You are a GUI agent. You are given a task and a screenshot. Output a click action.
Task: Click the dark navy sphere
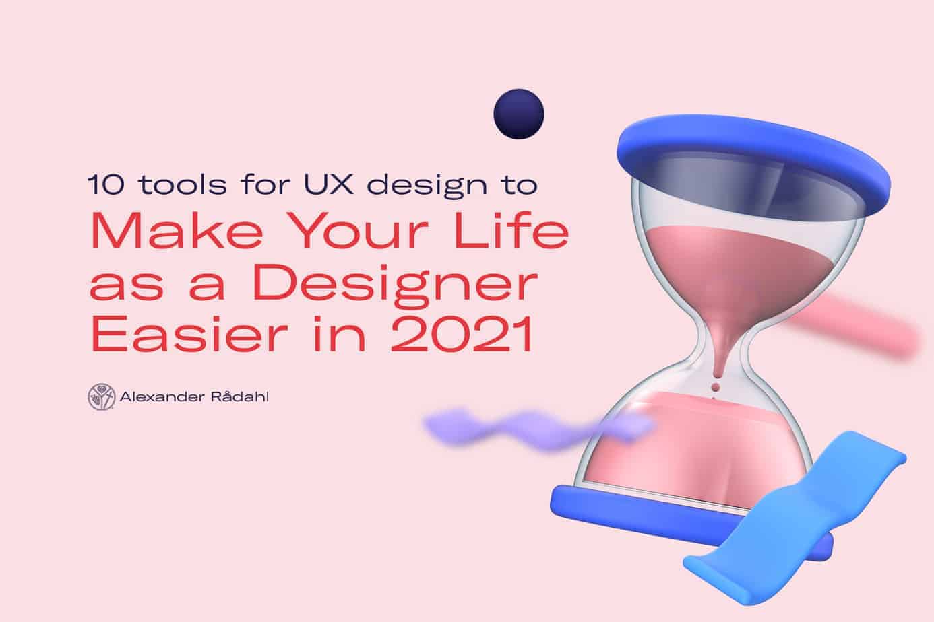click(519, 114)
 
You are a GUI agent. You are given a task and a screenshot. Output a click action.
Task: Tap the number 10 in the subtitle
click(106, 184)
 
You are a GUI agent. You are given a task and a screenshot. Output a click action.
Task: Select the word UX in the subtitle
click(329, 184)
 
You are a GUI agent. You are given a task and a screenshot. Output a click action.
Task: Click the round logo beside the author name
click(101, 396)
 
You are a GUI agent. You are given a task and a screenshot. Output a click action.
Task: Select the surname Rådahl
click(239, 396)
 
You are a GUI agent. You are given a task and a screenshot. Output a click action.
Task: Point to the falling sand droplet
click(716, 388)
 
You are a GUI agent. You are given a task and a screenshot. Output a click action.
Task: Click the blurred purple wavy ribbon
click(538, 429)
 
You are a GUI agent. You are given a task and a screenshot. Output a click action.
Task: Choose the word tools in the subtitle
click(183, 184)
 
